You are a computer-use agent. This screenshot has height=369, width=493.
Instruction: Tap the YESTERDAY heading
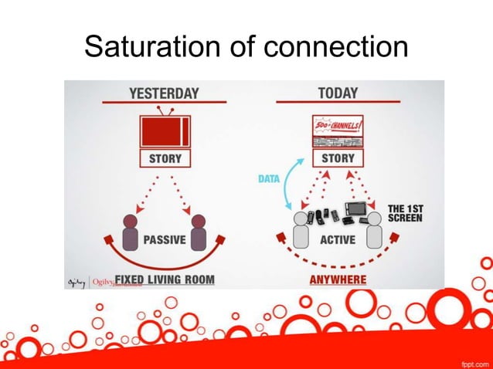164,93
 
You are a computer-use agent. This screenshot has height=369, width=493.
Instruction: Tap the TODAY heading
338,93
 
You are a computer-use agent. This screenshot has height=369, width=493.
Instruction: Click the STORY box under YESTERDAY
165,159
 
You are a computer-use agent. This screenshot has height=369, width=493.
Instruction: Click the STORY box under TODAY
338,159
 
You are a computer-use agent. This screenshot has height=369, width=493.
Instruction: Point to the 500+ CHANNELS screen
338,131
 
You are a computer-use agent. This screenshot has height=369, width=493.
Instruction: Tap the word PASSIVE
165,239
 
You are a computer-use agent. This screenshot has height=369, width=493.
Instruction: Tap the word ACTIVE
338,239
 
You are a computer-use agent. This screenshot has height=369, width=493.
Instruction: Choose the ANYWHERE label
338,279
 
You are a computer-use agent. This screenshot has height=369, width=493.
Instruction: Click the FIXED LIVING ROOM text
165,279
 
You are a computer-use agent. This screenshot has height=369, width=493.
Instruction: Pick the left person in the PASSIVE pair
129,232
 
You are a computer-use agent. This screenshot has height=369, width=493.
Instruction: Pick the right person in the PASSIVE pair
198,232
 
